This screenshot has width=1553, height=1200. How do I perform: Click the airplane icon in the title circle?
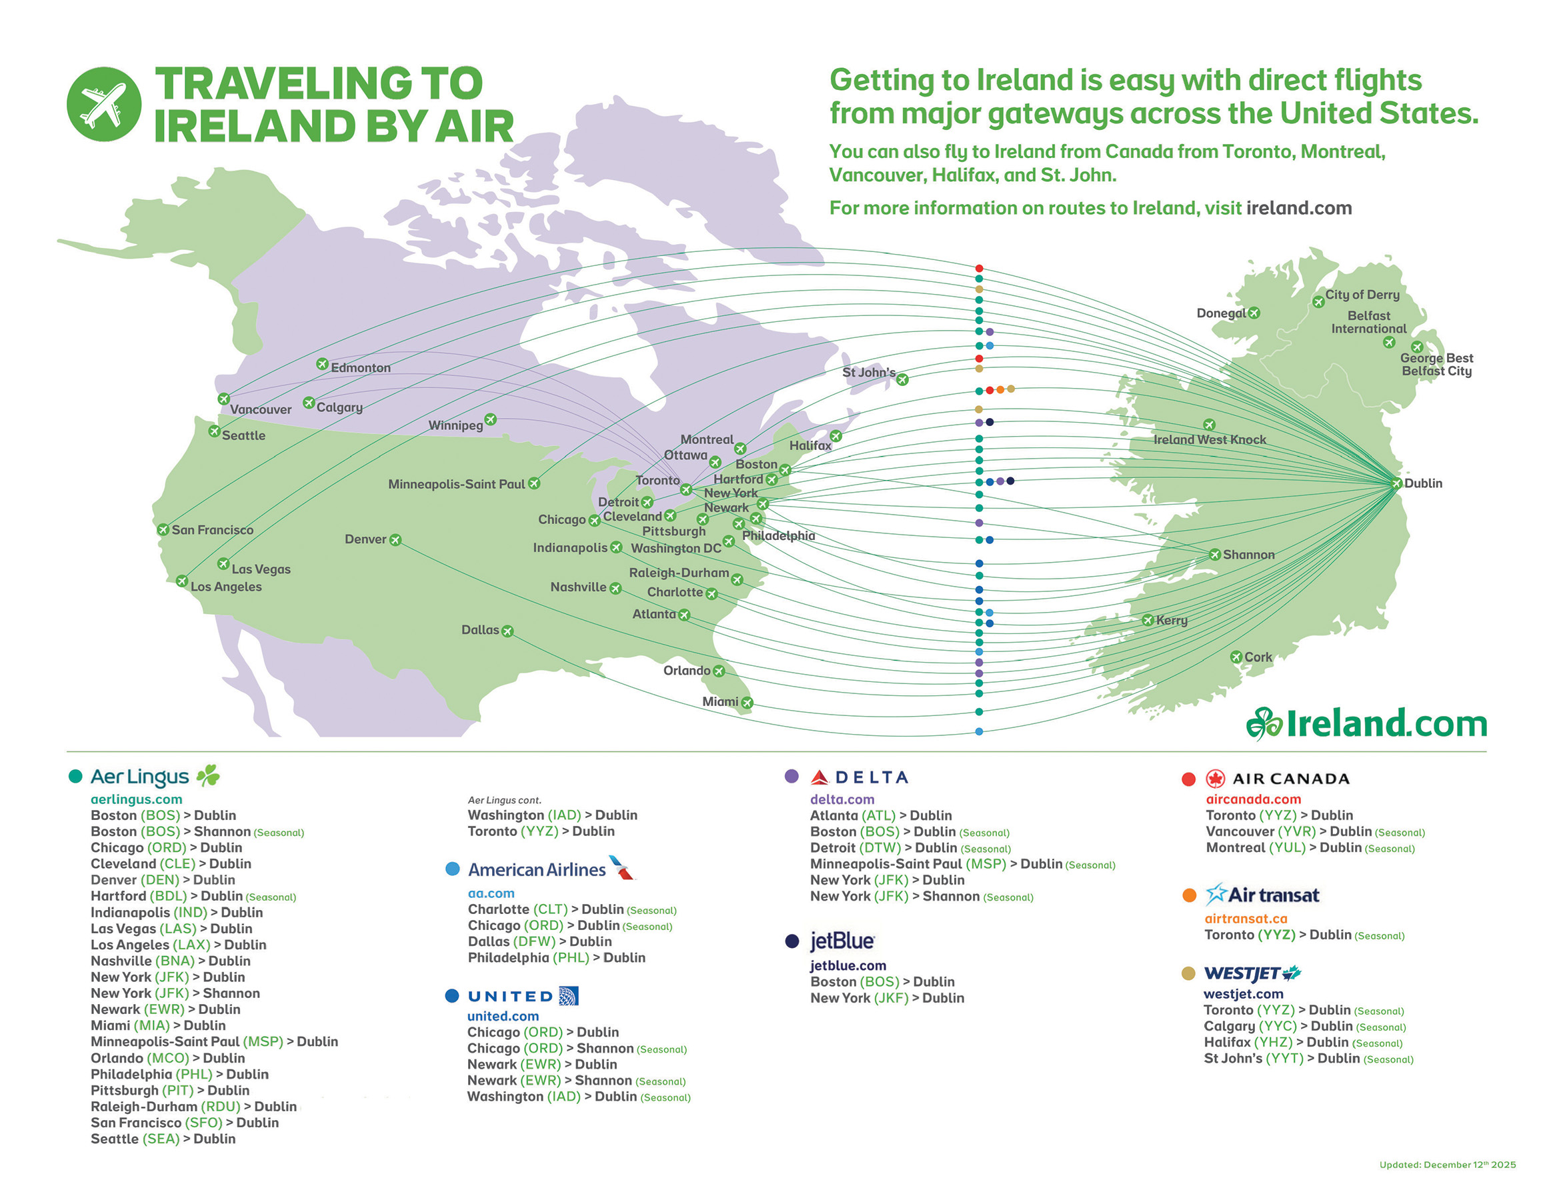pos(104,104)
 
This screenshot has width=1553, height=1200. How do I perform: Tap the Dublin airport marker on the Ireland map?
pos(1396,483)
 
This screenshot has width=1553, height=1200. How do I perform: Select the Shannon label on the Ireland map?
pos(1248,555)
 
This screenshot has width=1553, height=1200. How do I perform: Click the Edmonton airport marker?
pos(322,364)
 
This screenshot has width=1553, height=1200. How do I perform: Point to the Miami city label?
pos(719,701)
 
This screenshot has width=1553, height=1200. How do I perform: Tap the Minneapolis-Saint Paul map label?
pos(456,484)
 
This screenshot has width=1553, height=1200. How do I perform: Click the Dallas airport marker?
pos(507,631)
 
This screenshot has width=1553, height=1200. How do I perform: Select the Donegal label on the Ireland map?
pos(1221,313)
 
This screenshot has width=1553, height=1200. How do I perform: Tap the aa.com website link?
pos(491,893)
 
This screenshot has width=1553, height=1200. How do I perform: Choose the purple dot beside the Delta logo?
pos(792,776)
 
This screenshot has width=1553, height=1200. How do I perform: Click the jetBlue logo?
pos(842,941)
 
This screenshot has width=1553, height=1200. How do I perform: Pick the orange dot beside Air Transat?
pos(1189,895)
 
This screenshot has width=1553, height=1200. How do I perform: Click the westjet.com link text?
pos(1243,994)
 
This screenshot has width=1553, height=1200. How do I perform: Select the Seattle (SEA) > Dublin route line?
pos(163,1139)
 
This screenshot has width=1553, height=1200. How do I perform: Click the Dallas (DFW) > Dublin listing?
pos(539,941)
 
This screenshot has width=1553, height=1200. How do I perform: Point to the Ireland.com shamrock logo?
pos(1264,725)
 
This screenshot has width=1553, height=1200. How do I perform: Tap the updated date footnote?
pos(1447,1165)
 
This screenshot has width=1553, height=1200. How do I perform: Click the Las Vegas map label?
pos(260,569)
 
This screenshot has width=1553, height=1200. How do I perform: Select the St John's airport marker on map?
pos(902,379)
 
